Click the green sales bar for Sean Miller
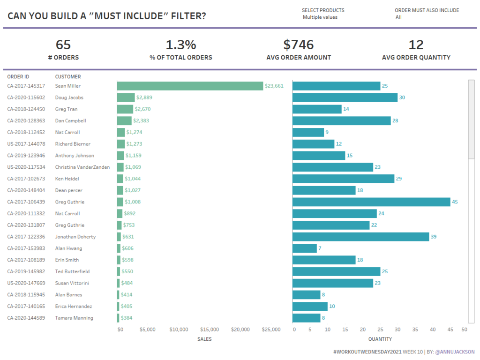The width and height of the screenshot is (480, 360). [190, 86]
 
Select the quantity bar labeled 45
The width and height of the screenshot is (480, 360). [371, 202]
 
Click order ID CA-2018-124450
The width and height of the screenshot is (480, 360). [26, 109]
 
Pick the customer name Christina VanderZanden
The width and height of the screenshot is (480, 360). [82, 167]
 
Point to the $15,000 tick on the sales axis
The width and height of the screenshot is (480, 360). [210, 330]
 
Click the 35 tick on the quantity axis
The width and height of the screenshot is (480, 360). [415, 330]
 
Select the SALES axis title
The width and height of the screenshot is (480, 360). [204, 339]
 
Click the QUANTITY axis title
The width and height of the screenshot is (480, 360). [380, 339]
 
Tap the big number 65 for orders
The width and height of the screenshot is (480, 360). [63, 45]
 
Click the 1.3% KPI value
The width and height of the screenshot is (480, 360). [181, 45]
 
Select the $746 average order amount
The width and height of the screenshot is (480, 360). [299, 45]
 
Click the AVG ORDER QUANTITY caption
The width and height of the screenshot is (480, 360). [416, 58]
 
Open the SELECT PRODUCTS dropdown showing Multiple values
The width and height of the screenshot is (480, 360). [320, 17]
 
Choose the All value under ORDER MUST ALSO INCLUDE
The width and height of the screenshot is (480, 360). [398, 17]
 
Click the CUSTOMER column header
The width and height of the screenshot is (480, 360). [68, 76]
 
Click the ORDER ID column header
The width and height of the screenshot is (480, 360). [18, 76]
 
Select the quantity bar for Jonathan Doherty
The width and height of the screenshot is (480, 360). [360, 237]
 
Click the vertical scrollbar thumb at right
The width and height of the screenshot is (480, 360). [471, 120]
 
